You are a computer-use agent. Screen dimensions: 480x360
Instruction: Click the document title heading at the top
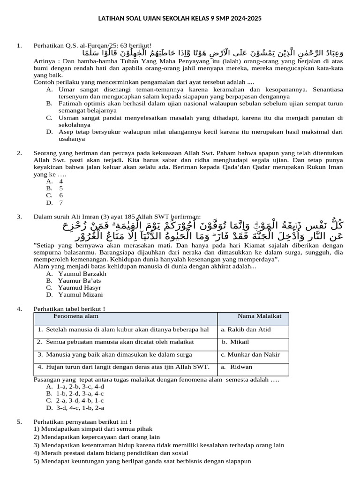point(180,18)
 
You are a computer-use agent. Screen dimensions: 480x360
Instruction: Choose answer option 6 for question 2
point(61,195)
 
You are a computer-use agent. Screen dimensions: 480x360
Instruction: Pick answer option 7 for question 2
point(61,202)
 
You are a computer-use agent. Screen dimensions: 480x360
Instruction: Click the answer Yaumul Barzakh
point(82,273)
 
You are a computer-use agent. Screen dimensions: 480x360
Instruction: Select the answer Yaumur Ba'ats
point(80,280)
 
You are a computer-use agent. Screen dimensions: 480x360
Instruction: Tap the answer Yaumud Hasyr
point(79,287)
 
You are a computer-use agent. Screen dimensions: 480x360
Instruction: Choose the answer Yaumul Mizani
point(80,294)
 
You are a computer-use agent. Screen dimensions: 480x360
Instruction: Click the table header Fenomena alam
point(76,316)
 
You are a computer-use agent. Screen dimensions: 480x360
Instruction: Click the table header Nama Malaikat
point(259,316)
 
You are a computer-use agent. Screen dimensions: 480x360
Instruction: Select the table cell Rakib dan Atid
point(246,330)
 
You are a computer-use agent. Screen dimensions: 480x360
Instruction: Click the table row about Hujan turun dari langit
point(124,367)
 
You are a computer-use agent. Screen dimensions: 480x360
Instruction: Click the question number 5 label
point(19,421)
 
